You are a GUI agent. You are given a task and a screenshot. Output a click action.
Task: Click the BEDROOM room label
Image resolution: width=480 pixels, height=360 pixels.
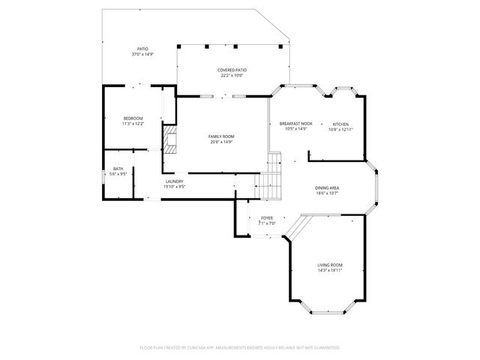[x=133, y=118]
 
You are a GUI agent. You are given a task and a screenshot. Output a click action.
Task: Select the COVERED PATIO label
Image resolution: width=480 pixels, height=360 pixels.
[x=232, y=70]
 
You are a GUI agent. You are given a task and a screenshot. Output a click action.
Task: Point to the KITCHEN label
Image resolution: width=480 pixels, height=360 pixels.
[x=340, y=124]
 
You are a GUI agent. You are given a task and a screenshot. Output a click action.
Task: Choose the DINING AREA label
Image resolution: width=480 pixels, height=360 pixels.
[x=327, y=187]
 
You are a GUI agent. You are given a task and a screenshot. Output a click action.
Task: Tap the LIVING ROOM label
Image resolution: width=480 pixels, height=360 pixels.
[x=330, y=265]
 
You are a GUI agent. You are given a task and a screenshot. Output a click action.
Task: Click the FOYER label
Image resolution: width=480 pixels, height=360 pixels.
[x=267, y=217]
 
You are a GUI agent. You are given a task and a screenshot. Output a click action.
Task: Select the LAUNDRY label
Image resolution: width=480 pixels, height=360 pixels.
[x=174, y=181]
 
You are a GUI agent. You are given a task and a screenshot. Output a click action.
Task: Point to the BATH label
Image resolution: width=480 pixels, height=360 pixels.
[x=118, y=169]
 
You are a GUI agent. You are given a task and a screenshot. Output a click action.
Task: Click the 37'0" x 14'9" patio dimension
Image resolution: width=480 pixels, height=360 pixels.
[x=142, y=54]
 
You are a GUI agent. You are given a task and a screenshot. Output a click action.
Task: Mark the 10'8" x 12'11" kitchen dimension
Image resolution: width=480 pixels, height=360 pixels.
[x=340, y=129]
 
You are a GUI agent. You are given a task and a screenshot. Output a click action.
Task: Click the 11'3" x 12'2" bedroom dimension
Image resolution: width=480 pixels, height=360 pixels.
[x=133, y=124]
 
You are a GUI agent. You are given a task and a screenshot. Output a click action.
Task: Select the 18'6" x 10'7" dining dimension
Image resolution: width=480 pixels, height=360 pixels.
[x=327, y=193]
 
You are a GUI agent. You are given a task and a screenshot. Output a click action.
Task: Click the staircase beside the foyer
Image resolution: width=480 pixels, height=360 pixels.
[x=269, y=185]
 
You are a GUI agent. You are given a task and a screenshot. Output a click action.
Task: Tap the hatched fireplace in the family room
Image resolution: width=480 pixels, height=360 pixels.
[x=170, y=139]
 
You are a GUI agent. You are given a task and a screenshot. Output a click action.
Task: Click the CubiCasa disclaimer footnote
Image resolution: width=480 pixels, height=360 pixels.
[x=240, y=348]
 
